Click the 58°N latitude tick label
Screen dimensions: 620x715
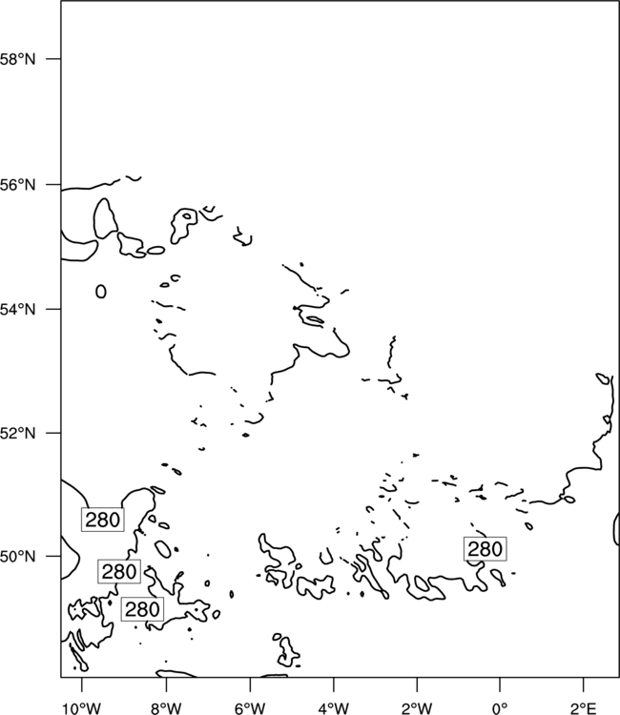17,59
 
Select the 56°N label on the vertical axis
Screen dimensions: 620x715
17,185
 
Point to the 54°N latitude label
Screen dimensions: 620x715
17,310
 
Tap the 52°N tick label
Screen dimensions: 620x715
17,433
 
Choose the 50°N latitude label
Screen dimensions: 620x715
17,557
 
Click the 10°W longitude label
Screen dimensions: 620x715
82,708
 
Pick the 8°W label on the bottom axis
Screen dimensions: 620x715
166,708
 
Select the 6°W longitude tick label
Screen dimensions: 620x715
250,708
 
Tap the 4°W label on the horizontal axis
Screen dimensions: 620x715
334,708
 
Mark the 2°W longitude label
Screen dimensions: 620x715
417,708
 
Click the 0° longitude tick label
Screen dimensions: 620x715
500,708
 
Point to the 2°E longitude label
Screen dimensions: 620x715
584,708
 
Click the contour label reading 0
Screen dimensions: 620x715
101,292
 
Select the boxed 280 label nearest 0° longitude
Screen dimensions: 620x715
485,549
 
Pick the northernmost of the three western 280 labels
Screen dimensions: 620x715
103,520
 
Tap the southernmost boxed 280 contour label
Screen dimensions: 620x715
142,609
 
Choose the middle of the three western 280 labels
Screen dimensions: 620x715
119,571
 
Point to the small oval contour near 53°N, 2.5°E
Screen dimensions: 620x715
602,378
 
